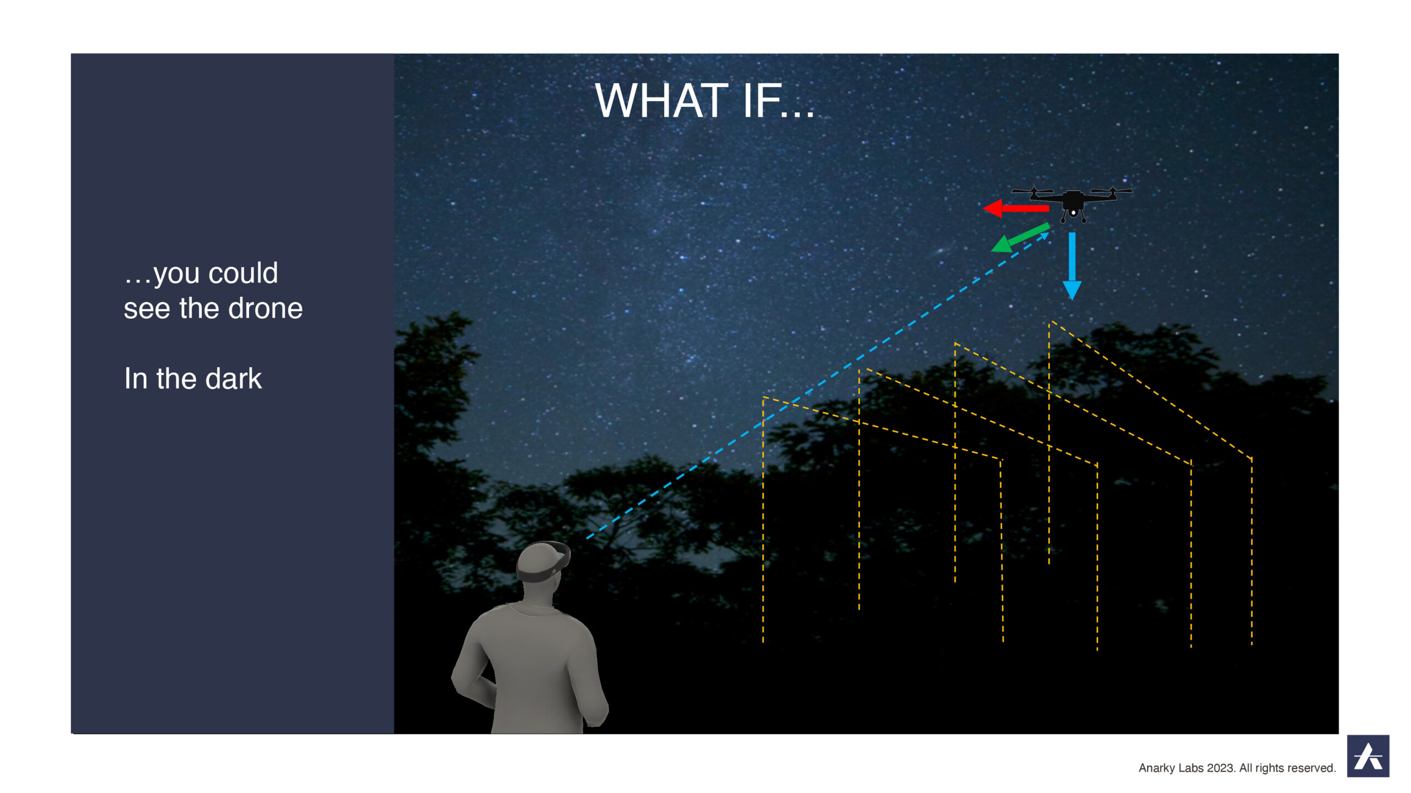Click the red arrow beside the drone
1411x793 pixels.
click(1016, 208)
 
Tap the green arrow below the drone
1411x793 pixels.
click(1020, 238)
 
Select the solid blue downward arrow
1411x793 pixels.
click(1072, 266)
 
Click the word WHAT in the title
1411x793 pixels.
click(661, 101)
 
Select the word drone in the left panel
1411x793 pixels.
click(266, 308)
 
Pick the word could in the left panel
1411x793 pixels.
click(243, 273)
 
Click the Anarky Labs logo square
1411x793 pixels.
click(1368, 756)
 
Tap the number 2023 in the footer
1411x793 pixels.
click(1220, 768)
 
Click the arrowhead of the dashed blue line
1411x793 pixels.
click(1043, 237)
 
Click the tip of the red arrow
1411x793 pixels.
click(984, 208)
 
